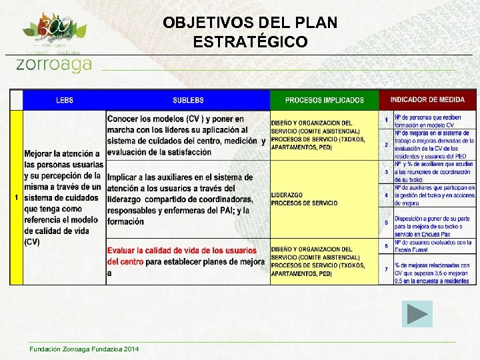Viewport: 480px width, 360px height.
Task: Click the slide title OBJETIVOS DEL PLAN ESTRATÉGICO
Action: tap(250, 32)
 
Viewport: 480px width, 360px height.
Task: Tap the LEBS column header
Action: tap(65, 100)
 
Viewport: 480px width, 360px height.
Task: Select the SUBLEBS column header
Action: tap(188, 100)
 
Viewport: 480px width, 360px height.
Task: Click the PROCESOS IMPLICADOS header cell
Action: tap(325, 100)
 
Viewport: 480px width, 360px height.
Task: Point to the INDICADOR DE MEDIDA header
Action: tap(427, 99)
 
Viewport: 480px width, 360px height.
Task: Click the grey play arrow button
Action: tap(417, 313)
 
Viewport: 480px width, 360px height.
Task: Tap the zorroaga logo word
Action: tap(53, 64)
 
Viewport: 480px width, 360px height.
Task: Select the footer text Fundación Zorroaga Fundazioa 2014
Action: tap(84, 349)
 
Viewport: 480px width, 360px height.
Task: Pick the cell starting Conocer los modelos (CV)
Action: tap(186, 135)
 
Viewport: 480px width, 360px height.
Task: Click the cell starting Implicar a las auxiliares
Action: tap(180, 199)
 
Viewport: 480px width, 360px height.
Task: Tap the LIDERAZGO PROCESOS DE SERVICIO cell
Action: tap(304, 199)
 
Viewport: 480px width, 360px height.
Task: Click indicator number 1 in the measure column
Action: tap(386, 120)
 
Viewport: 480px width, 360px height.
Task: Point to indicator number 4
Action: tap(386, 195)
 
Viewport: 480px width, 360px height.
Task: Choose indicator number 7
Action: tap(386, 269)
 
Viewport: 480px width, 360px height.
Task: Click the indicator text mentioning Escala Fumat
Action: tap(433, 246)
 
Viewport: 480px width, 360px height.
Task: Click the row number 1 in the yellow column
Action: tap(16, 197)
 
